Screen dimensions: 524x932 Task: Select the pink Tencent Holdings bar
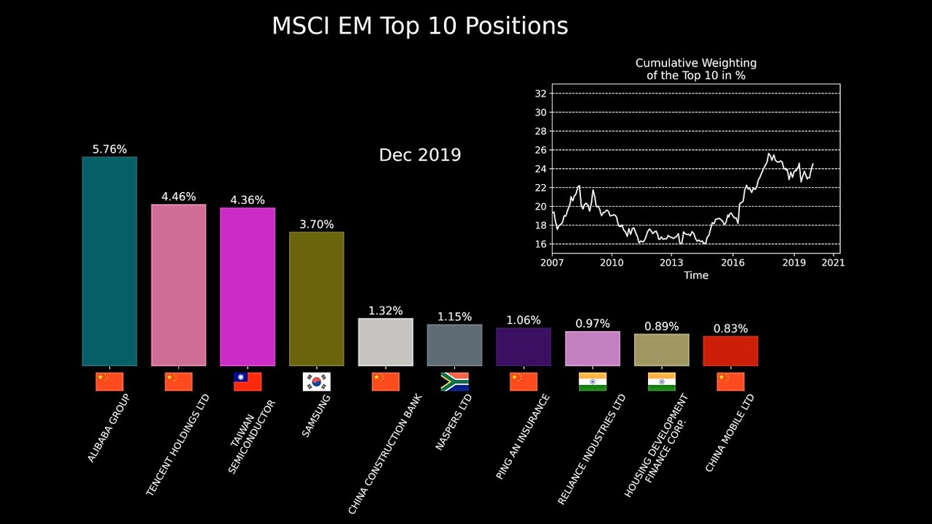178,285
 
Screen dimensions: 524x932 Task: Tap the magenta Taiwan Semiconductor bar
248,286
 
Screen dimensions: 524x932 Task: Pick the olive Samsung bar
316,298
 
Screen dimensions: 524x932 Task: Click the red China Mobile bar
730,351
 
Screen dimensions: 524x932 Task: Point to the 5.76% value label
109,149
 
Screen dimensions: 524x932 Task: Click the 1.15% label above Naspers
454,317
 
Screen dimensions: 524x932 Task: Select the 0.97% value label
593,323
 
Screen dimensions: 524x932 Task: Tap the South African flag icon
454,381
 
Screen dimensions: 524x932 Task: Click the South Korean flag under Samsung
316,381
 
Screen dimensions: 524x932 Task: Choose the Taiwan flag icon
248,381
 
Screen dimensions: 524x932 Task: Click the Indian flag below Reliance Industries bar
593,381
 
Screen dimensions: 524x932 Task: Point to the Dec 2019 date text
420,155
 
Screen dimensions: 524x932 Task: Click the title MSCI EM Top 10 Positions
419,26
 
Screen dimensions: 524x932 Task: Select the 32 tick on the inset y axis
540,93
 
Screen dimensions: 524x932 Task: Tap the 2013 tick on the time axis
671,262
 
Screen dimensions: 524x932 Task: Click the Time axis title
695,275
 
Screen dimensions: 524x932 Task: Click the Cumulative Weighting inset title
695,69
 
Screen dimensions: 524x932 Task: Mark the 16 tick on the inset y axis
540,244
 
